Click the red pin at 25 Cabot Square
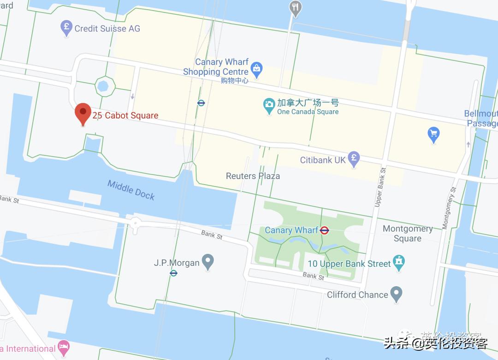(83, 112)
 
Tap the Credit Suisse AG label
(107, 29)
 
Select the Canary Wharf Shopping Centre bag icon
(256, 70)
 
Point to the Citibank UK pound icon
(354, 159)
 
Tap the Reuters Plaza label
(253, 176)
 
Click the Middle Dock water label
(131, 189)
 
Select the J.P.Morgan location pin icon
(208, 262)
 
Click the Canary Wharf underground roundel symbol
(325, 230)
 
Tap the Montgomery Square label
(408, 234)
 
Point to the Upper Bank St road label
(380, 187)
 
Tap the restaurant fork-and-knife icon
(296, 8)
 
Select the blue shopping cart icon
(433, 134)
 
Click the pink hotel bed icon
(64, 348)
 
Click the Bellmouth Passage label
(481, 118)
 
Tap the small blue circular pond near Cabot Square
(103, 85)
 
